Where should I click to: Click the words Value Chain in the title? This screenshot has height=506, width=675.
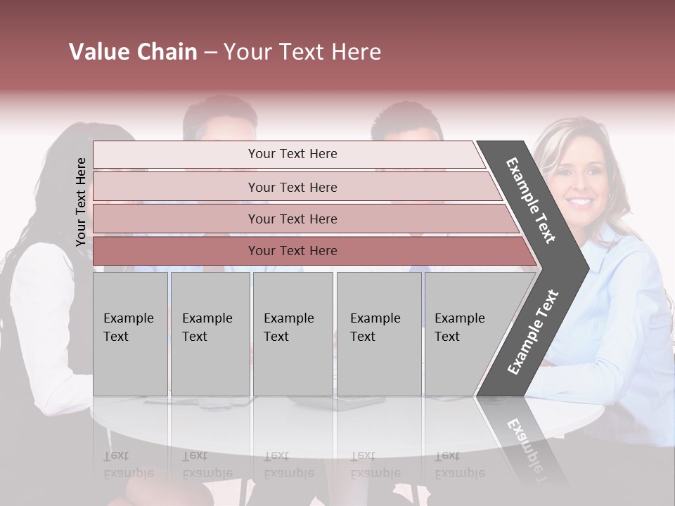click(x=133, y=52)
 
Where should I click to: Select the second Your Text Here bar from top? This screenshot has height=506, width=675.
click(x=292, y=187)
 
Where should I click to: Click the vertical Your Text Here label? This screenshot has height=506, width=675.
click(x=81, y=202)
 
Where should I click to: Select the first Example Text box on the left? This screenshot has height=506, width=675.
click(x=130, y=334)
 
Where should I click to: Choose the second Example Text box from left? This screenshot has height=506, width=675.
click(x=210, y=334)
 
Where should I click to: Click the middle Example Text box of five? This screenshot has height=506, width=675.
click(x=292, y=334)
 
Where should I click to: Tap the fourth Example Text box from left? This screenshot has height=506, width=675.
click(x=379, y=334)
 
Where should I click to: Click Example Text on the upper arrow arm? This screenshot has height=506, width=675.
click(x=532, y=200)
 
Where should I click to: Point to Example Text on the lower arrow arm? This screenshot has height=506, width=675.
click(x=533, y=332)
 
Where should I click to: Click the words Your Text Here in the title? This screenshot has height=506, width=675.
click(x=302, y=52)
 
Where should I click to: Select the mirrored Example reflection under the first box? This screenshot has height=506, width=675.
click(x=129, y=473)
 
